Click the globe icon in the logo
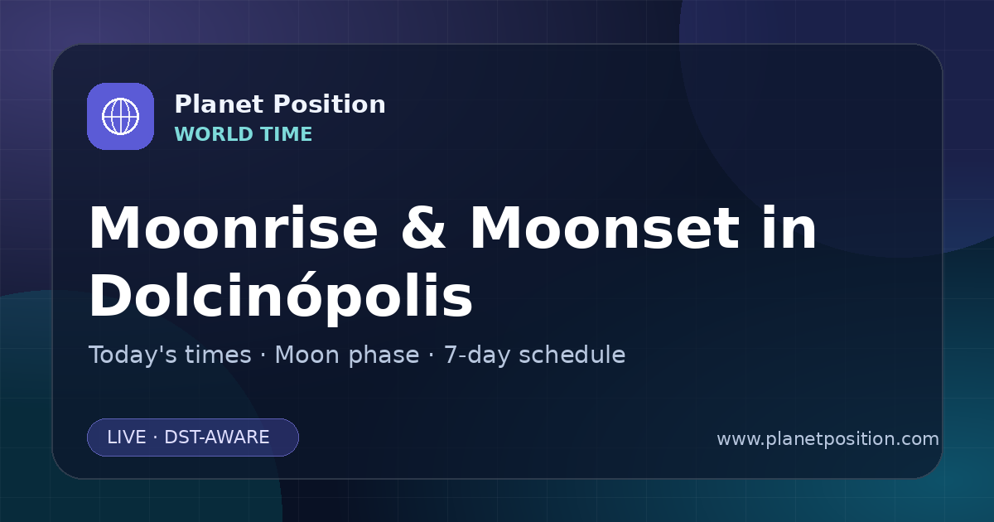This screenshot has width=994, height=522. (x=121, y=116)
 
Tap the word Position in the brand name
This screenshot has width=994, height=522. (x=330, y=104)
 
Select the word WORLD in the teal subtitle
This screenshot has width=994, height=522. (x=214, y=134)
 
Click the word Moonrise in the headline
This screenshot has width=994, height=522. (x=234, y=229)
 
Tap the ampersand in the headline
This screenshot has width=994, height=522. (x=423, y=229)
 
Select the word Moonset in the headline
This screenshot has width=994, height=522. (x=604, y=229)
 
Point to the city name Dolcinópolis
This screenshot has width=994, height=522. (x=281, y=297)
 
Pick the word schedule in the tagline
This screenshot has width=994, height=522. (x=572, y=355)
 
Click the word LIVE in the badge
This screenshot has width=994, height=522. (x=127, y=437)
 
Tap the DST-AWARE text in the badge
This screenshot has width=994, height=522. (x=216, y=437)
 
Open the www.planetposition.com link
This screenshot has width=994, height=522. (x=828, y=439)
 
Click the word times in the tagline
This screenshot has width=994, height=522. (x=218, y=355)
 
